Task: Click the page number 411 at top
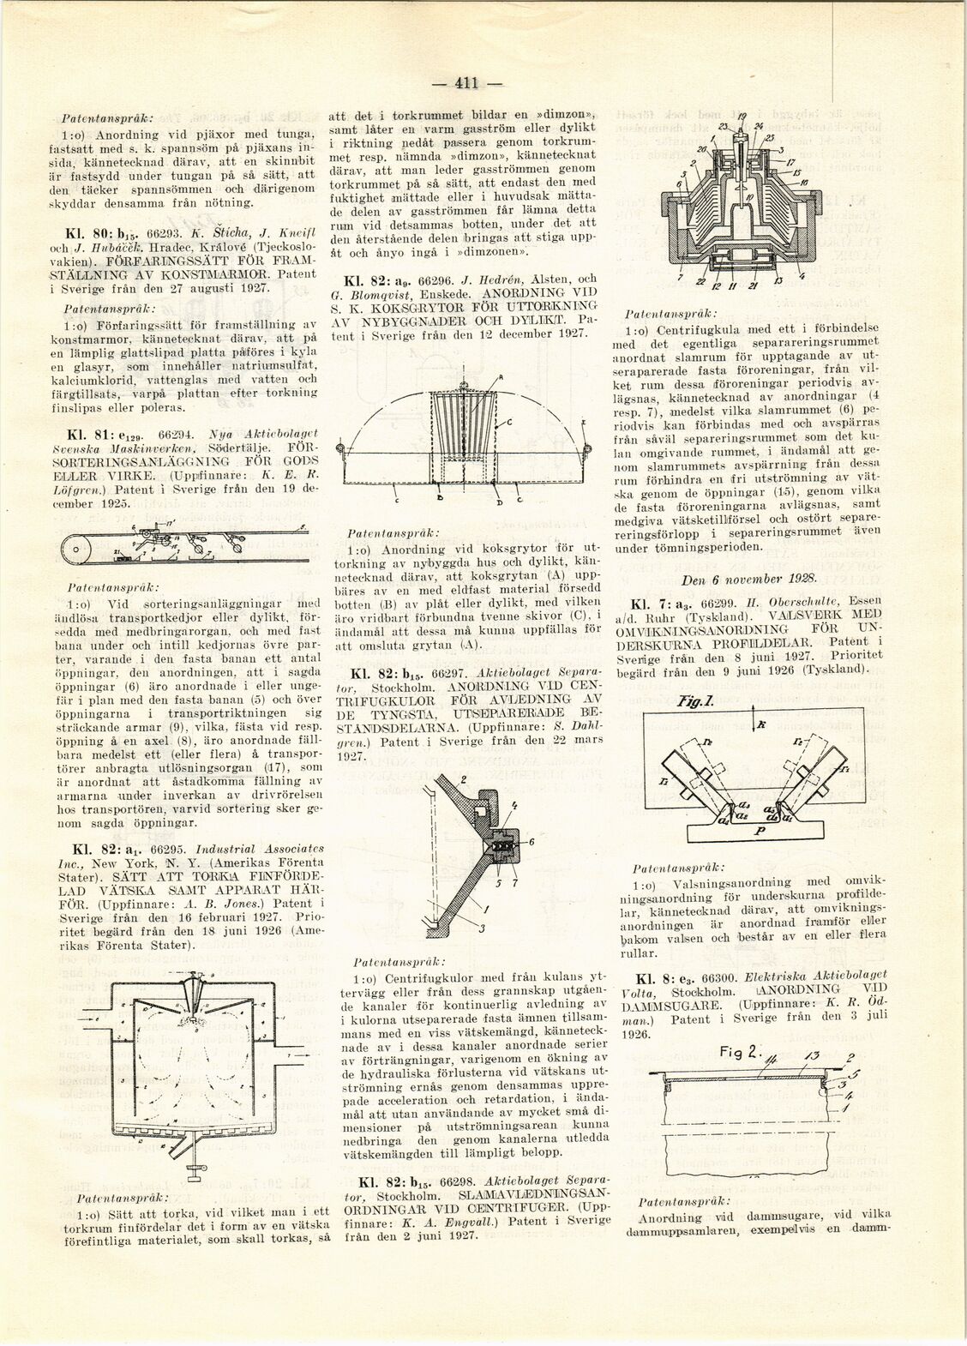point(466,83)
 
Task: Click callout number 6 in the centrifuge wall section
point(532,842)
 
